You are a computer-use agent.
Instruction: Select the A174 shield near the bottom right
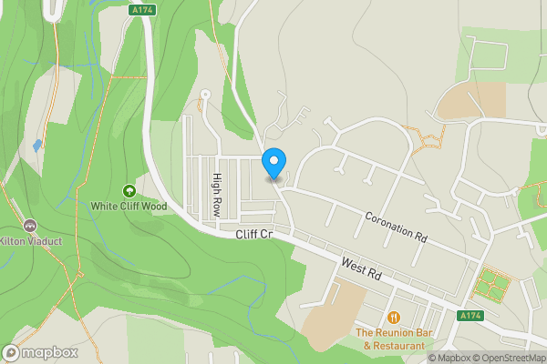(469, 316)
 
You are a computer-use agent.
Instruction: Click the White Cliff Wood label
(129, 207)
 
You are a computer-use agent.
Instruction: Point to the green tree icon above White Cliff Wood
(129, 191)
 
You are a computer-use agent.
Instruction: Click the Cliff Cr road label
(254, 235)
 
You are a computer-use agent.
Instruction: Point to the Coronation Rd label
(396, 227)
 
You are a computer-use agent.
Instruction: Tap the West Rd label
(359, 269)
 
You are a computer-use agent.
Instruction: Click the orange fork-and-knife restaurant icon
(394, 317)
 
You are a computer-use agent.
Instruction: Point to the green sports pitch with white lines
(492, 285)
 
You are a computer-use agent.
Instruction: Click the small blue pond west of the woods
(36, 145)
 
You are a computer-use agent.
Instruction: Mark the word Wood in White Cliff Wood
(154, 207)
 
